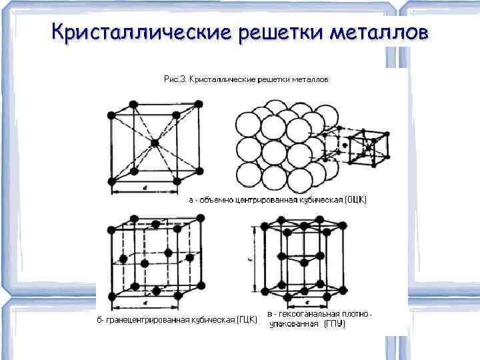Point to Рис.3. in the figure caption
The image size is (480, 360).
click(175, 79)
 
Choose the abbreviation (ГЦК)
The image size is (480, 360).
click(247, 321)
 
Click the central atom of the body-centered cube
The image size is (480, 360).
click(155, 143)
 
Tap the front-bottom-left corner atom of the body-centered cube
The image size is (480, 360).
click(112, 182)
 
